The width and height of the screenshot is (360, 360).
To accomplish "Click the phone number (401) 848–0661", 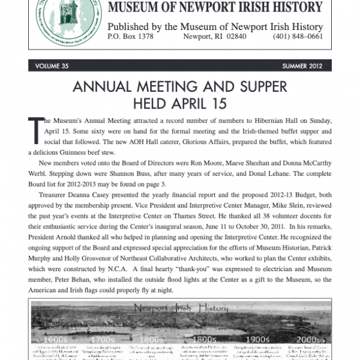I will pyautogui.click(x=298, y=37).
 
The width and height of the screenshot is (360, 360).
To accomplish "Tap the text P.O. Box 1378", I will pyautogui.click(x=130, y=37).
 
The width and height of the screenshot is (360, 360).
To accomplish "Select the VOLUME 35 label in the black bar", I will pyautogui.click(x=55, y=66).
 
